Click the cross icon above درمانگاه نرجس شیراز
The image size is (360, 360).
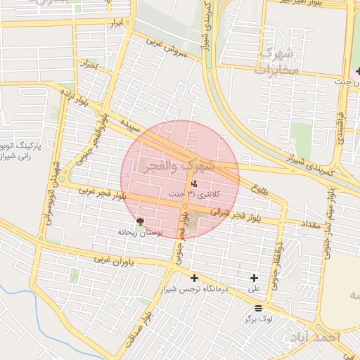tap(194, 278)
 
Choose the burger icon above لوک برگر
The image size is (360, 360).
tap(258, 307)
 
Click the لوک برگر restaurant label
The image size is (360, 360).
tap(258, 318)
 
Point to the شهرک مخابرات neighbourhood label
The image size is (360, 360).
tap(279, 61)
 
